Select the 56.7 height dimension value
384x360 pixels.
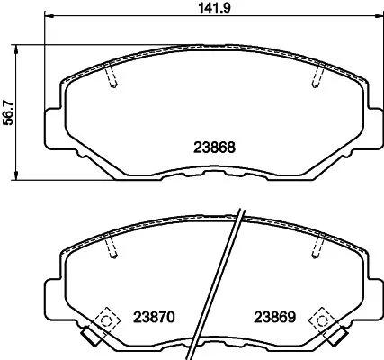click(x=10, y=113)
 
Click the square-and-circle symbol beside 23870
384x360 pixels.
click(x=105, y=318)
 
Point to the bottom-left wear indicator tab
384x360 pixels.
click(x=88, y=340)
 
